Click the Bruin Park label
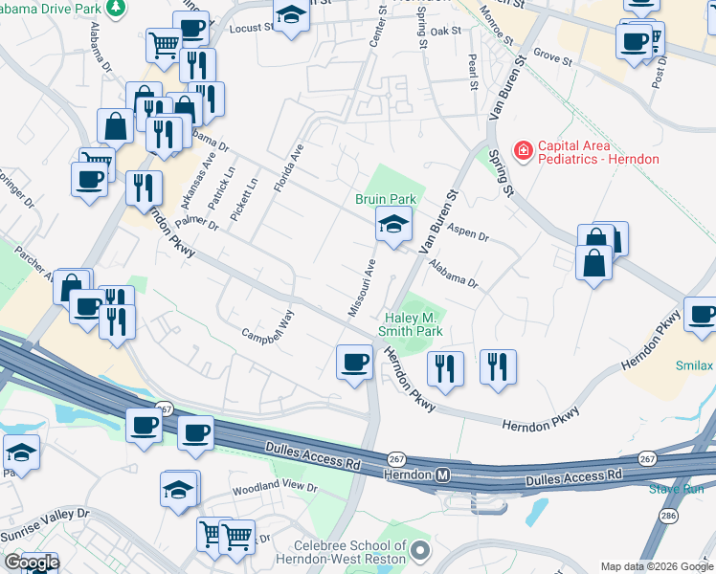coord(386,199)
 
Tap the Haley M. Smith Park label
coord(414,324)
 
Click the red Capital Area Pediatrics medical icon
coord(523,150)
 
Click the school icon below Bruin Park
coord(393,226)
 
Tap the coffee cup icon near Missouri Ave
coord(354,363)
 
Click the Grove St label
coord(552,57)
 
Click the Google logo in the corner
coord(32,563)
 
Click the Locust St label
coord(252,30)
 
